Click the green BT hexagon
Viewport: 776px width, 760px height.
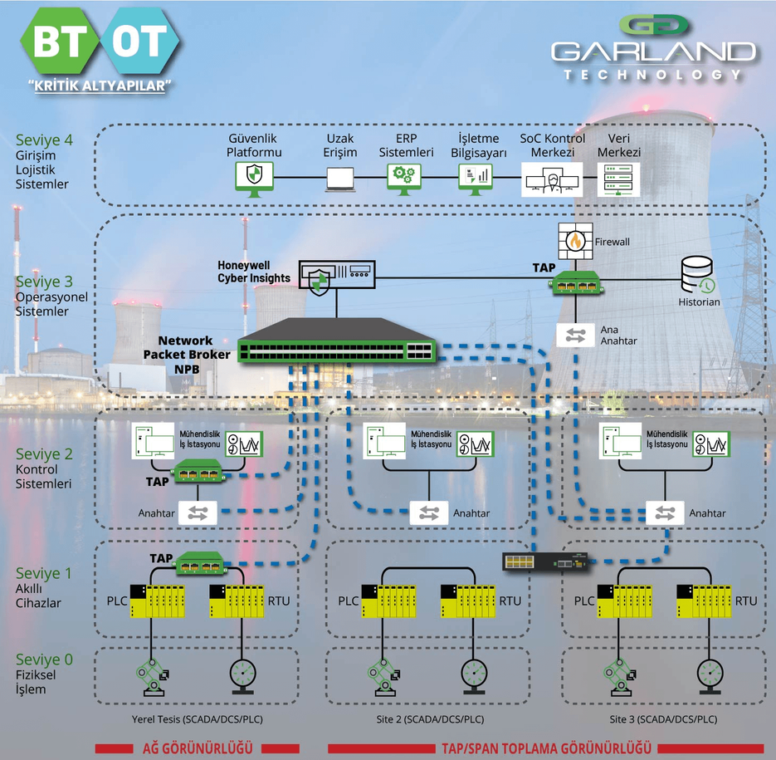[60, 44]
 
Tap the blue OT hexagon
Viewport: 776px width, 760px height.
[138, 44]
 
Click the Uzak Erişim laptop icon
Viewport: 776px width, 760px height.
[340, 177]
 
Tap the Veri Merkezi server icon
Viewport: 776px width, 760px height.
[619, 177]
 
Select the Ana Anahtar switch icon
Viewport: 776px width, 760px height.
[576, 335]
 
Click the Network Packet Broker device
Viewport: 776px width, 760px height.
[336, 341]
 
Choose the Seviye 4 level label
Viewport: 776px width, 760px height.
[43, 140]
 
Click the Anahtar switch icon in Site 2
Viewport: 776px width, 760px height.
[429, 512]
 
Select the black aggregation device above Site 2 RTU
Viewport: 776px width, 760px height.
[545, 562]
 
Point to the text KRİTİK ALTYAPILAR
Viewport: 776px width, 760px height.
[99, 86]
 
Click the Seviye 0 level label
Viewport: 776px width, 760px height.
[44, 659]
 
